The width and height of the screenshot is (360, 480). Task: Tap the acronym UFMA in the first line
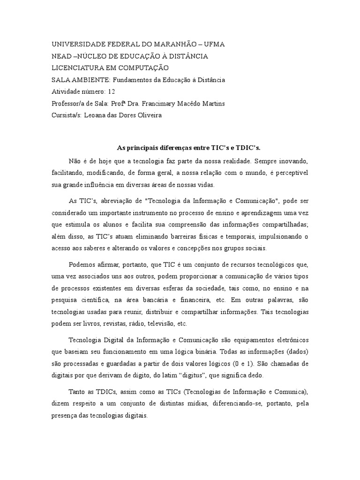click(213, 44)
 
